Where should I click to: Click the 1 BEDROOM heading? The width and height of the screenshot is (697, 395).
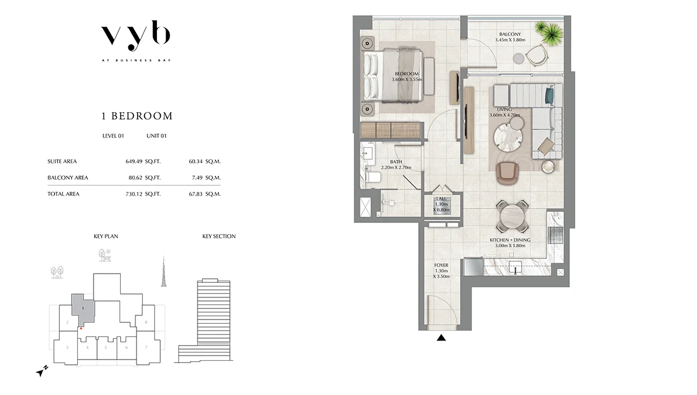click(x=137, y=116)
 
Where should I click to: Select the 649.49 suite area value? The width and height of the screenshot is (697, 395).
click(x=134, y=161)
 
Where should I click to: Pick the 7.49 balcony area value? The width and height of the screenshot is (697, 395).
click(x=197, y=178)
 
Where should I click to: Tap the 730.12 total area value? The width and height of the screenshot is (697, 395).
click(x=134, y=194)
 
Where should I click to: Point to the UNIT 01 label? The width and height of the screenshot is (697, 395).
click(x=156, y=136)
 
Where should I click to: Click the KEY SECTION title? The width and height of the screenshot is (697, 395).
click(x=219, y=236)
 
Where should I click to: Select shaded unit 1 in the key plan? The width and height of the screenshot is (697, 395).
click(x=82, y=310)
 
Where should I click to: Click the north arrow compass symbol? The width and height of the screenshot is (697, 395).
click(x=42, y=371)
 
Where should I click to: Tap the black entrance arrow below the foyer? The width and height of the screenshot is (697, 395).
click(x=441, y=337)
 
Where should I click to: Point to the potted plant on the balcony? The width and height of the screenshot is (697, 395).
click(x=550, y=33)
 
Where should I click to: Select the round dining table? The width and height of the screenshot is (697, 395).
click(x=512, y=216)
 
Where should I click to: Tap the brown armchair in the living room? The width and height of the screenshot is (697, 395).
click(x=508, y=174)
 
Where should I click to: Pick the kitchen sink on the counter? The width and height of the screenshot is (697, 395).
click(x=515, y=267)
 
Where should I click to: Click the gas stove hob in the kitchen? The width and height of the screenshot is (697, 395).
click(x=555, y=235)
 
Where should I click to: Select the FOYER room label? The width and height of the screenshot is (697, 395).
click(x=441, y=265)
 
